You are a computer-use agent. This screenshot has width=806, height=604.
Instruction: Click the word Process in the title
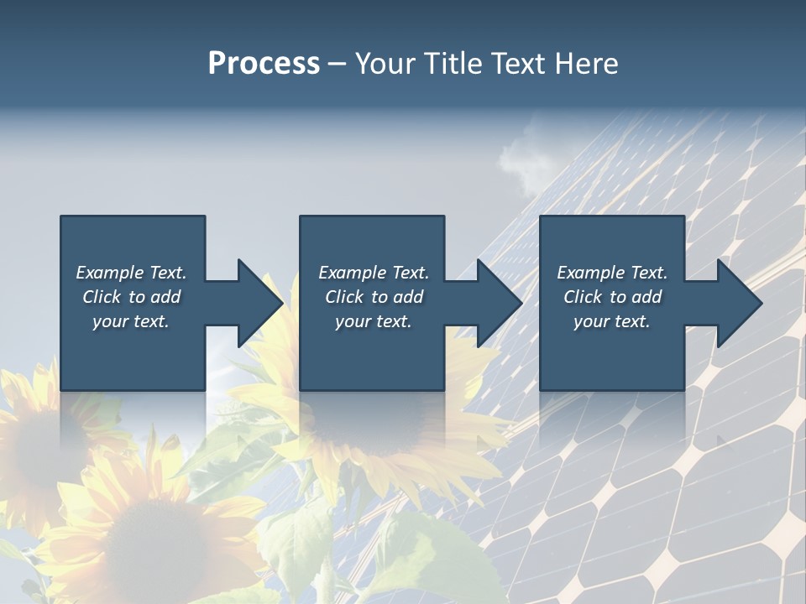[264, 64]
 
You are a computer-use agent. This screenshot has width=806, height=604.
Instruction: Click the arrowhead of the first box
[260, 303]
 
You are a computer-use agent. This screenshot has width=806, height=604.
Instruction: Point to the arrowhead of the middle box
[500, 303]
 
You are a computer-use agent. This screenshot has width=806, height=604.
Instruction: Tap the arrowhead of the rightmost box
[740, 303]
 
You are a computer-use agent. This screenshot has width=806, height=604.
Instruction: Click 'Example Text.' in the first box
[131, 273]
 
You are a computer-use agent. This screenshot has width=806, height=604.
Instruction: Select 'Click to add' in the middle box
[374, 297]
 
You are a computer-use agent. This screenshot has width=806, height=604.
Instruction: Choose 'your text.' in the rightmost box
[612, 321]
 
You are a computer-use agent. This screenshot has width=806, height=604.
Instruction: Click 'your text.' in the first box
[131, 321]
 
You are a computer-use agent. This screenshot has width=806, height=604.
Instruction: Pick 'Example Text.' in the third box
[612, 273]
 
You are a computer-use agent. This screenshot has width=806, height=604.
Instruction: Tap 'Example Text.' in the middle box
[374, 273]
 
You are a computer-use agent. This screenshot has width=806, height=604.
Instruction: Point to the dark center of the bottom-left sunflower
[151, 537]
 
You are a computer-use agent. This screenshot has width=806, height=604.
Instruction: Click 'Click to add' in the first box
[131, 297]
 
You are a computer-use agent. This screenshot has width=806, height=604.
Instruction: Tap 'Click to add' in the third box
[612, 297]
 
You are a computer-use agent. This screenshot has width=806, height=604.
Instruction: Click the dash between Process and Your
[337, 65]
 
